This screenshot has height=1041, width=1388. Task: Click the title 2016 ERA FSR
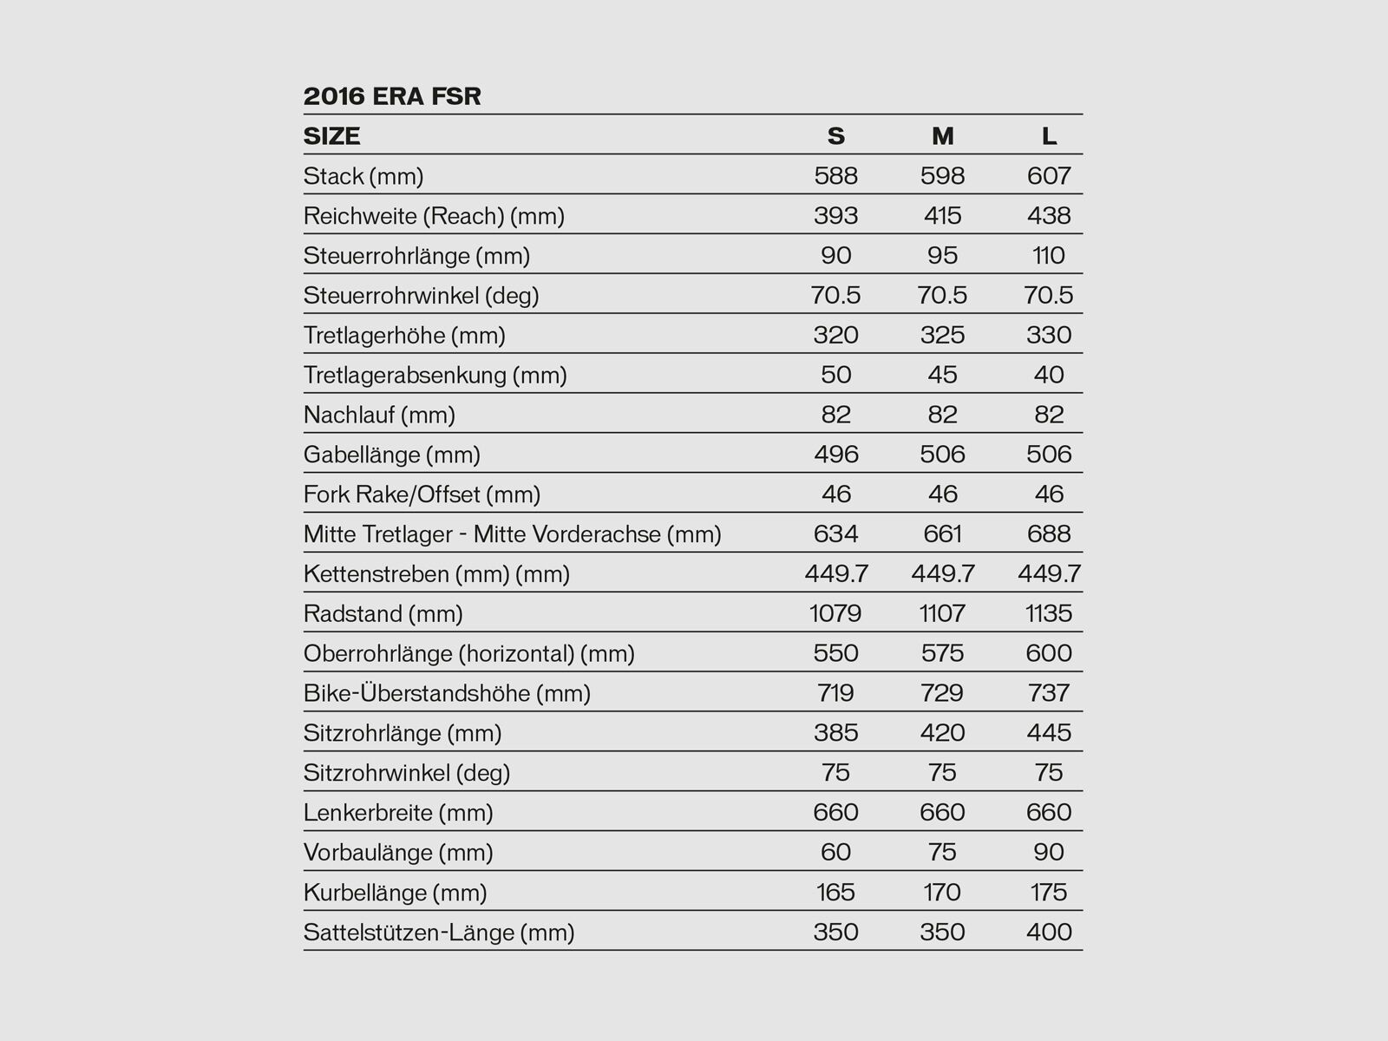coord(392,95)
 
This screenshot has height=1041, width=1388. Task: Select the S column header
coord(835,136)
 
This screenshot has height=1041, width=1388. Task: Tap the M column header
coord(942,136)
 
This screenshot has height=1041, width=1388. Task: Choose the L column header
coord(1049,136)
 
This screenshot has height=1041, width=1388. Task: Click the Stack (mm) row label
coord(363,176)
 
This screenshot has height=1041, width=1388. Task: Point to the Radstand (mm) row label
coord(383,614)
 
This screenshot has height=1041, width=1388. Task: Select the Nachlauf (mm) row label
coord(379,416)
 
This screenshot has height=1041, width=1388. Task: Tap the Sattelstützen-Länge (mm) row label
coord(439,933)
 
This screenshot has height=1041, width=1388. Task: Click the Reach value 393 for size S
coord(835,216)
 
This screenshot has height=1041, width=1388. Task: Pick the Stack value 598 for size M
coord(942,176)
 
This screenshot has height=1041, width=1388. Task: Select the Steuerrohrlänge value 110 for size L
coord(1049,256)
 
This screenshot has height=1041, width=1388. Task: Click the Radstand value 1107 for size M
coord(942,614)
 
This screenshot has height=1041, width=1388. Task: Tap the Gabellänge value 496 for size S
coord(835,455)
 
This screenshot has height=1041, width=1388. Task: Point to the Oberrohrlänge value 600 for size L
coord(1049,654)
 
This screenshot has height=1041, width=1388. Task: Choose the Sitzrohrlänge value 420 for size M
coord(942,733)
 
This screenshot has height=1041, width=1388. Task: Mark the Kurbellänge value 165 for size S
coord(835,893)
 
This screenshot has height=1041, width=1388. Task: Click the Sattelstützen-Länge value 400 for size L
coord(1049,933)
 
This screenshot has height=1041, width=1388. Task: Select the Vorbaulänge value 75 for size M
coord(942,853)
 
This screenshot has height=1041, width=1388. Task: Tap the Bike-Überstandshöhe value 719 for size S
coord(835,694)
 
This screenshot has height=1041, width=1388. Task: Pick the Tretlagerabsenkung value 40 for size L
coord(1049,375)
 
